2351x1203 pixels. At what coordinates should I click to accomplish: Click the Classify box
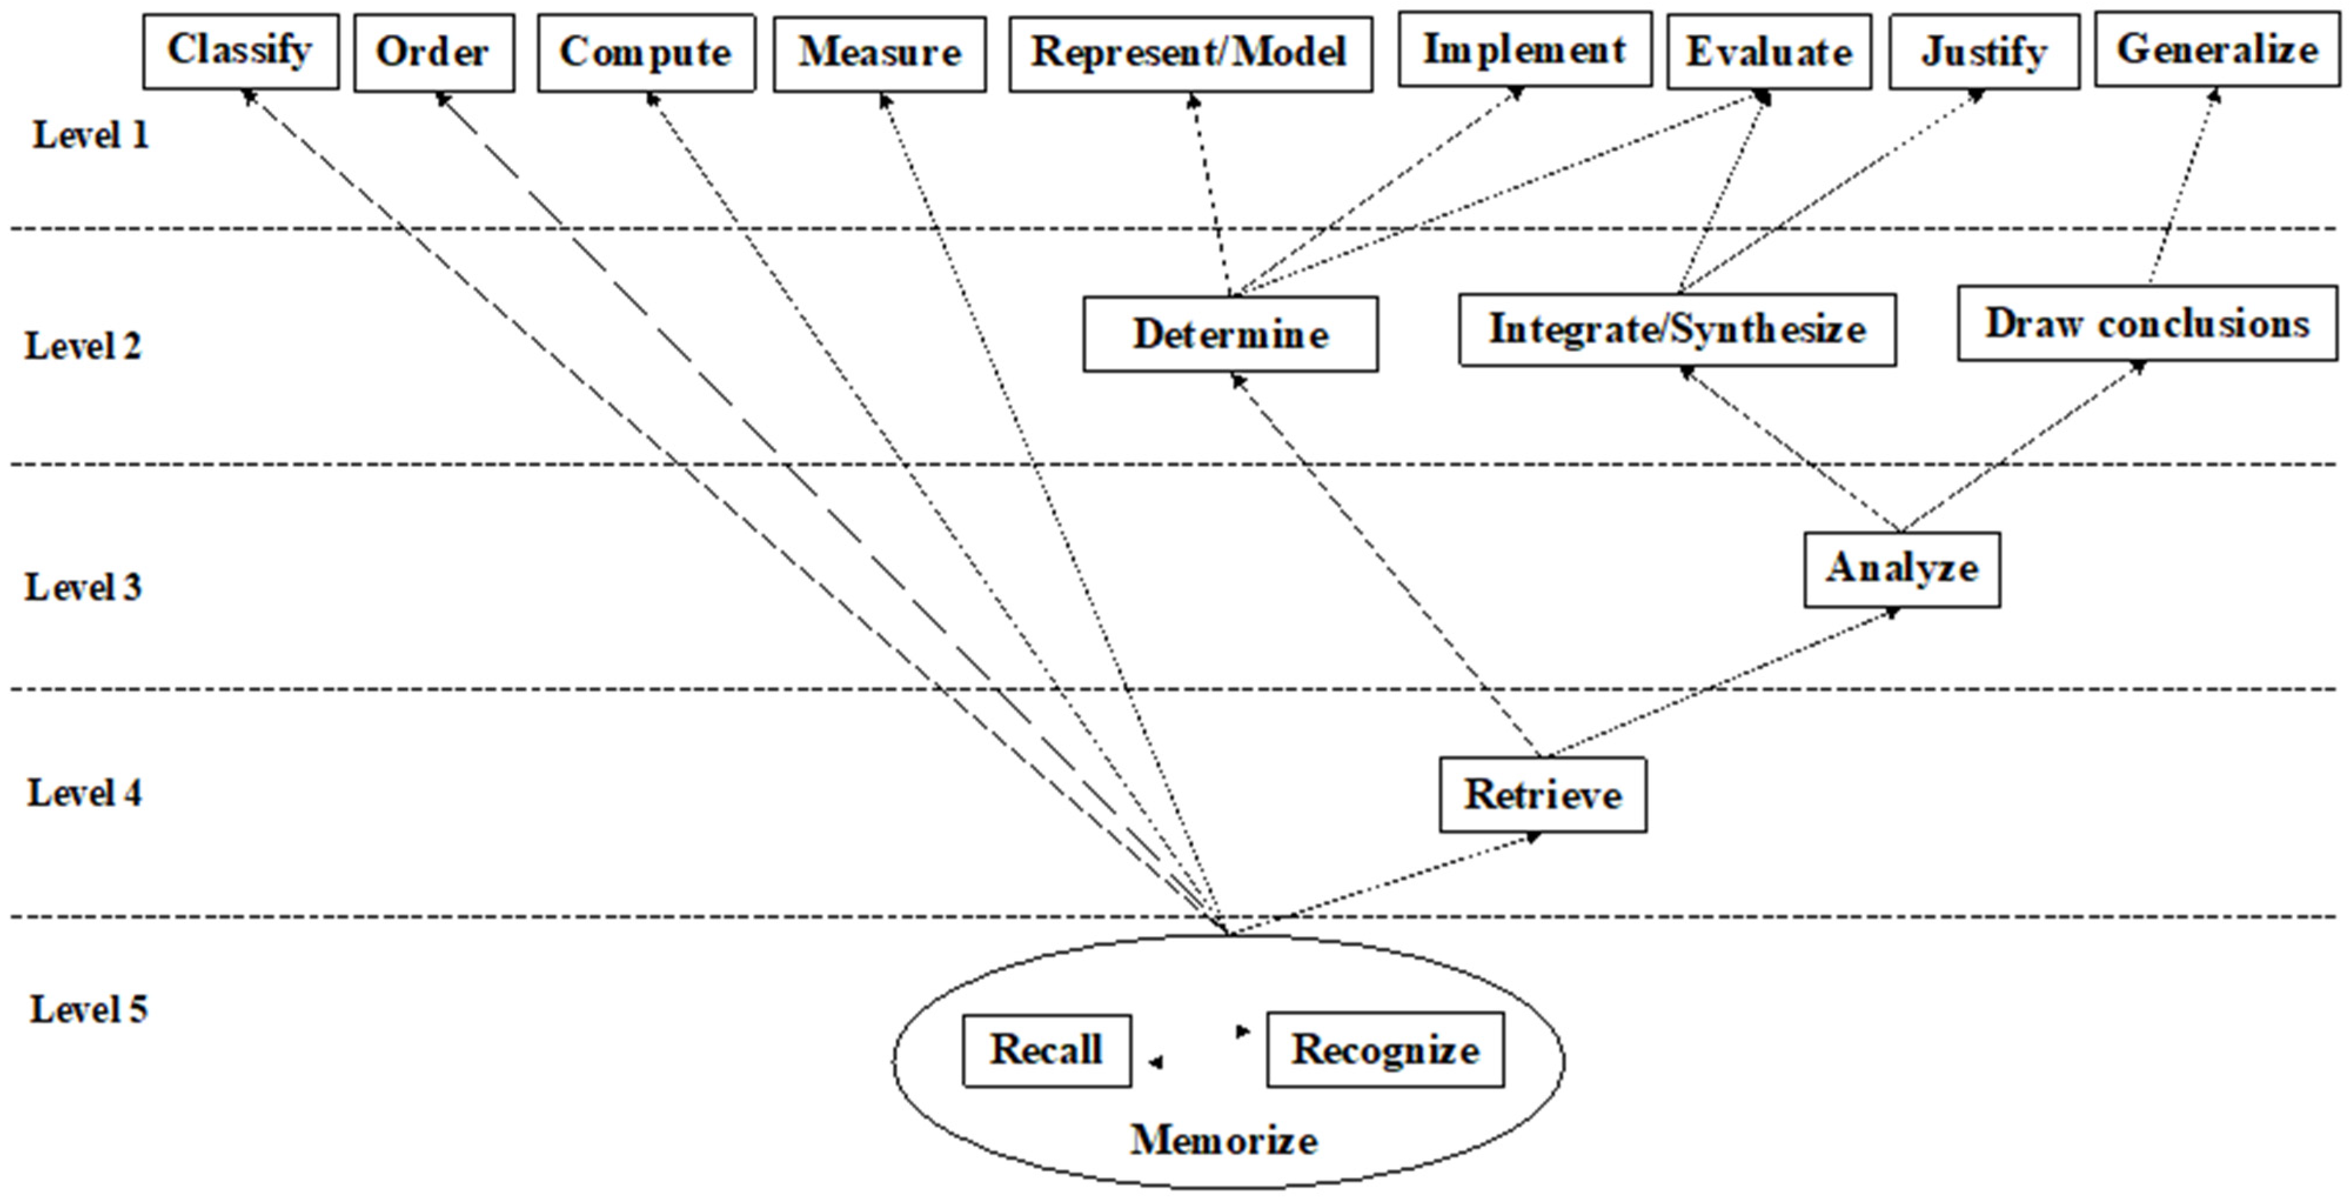pyautogui.click(x=240, y=51)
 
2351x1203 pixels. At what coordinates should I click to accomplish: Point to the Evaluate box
pyautogui.click(x=1768, y=52)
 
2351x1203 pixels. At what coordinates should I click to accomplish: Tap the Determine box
pyautogui.click(x=1230, y=334)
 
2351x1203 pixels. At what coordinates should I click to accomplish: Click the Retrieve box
pyautogui.click(x=1542, y=794)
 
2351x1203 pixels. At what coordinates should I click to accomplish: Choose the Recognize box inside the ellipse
pyautogui.click(x=1385, y=1050)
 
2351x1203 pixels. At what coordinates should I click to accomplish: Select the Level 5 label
pyautogui.click(x=89, y=1010)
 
